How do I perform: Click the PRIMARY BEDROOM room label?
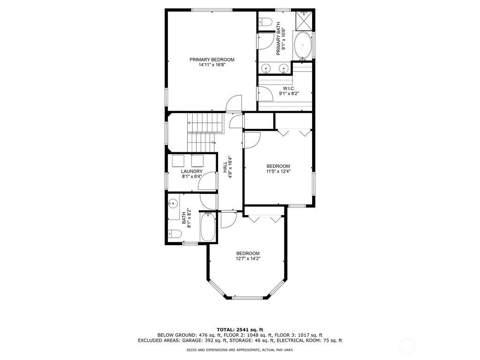click(212, 60)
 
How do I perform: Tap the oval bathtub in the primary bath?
click(303, 45)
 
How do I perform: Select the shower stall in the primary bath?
click(304, 20)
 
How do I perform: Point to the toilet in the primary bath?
click(265, 22)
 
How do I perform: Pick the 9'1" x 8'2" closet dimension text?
click(289, 94)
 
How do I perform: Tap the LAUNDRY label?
click(192, 172)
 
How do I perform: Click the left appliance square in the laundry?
click(178, 161)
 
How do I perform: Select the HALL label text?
click(225, 167)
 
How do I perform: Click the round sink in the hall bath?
click(173, 203)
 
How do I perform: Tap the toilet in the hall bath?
click(175, 234)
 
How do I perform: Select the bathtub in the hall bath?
click(208, 227)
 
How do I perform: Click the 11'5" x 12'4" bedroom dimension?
click(278, 172)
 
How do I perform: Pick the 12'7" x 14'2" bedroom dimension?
click(248, 259)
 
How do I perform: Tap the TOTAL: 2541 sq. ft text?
click(240, 330)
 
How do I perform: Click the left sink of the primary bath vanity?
click(266, 67)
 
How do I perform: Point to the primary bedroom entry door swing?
click(234, 102)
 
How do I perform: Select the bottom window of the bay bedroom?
click(247, 298)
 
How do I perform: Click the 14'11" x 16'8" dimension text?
click(212, 65)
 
